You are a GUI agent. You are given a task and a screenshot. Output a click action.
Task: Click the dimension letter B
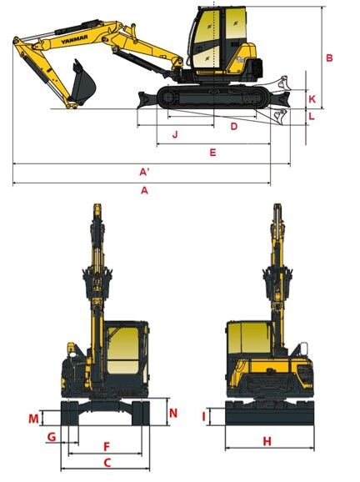coord(329,58)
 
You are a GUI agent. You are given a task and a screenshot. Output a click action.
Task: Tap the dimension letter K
coord(312,99)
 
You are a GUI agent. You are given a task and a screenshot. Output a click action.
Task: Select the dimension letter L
coord(312,117)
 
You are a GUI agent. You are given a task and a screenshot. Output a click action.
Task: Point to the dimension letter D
coord(234,127)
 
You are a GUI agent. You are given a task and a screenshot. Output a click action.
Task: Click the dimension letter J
coord(175,134)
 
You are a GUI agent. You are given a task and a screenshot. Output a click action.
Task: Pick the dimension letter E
coord(212,153)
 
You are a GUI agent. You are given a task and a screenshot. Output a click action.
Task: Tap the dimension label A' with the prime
coord(144,172)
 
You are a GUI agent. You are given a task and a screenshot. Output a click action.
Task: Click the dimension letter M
coord(34,419)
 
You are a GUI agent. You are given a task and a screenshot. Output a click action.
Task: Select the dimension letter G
coord(52,436)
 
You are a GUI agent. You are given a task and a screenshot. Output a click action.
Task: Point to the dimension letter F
coord(107,446)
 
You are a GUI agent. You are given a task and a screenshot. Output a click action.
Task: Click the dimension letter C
coord(107,463)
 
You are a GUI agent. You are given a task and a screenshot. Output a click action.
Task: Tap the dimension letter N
coord(173,413)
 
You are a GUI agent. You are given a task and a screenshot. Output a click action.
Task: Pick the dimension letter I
coord(203,417)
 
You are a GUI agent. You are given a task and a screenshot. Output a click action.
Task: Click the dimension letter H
coord(267,441)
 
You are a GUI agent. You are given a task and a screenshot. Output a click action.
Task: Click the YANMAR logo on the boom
coord(74,39)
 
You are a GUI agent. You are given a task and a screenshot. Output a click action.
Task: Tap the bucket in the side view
coord(82,83)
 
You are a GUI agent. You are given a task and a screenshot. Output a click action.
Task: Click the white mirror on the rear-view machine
coord(304,349)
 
